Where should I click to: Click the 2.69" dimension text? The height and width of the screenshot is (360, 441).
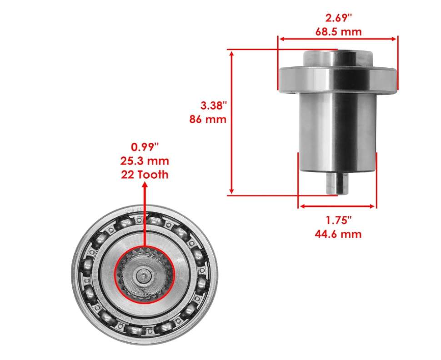click(338, 18)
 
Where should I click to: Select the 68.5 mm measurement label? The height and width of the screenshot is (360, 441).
click(338, 31)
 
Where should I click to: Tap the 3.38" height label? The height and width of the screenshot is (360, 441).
click(213, 106)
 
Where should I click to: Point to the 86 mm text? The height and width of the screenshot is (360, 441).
click(208, 119)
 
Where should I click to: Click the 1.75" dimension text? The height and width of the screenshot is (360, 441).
click(338, 220)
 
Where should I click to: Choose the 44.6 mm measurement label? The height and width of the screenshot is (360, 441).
click(338, 234)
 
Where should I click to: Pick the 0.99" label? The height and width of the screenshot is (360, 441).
click(145, 147)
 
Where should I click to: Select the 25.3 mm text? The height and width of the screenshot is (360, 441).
click(145, 161)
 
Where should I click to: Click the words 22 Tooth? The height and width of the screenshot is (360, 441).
click(145, 175)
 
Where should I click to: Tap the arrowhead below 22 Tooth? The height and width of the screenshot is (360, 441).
click(145, 185)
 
